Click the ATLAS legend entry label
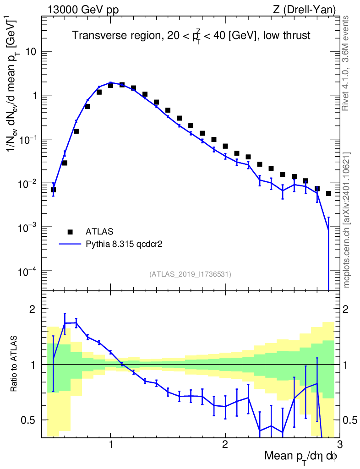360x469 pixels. (99, 231)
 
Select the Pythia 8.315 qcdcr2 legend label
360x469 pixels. (124, 245)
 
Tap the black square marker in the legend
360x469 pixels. (70, 231)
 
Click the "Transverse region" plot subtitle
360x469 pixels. (191, 36)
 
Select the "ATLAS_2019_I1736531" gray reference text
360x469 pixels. (190, 274)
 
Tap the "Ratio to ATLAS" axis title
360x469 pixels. (15, 364)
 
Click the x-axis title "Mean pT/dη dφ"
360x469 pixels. (301, 456)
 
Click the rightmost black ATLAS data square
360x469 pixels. (328, 194)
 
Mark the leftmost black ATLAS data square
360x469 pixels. (53, 190)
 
